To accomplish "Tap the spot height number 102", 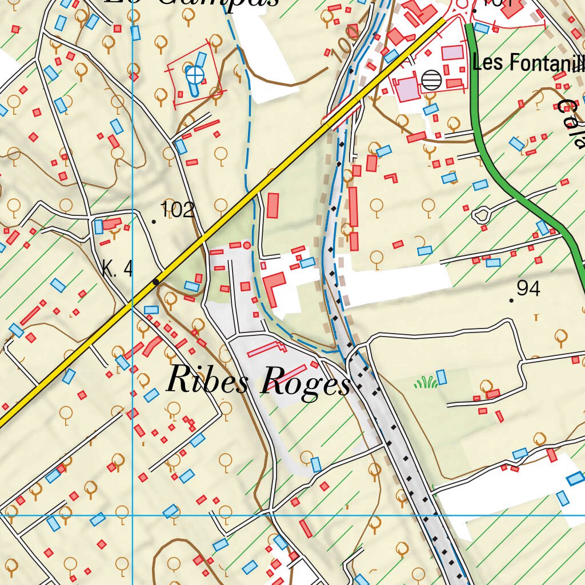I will click(x=178, y=210).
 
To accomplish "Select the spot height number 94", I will click(x=528, y=289).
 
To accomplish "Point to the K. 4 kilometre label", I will click(x=117, y=268).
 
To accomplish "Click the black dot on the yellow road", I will click(x=155, y=282).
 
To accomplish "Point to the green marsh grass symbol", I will click(x=426, y=383).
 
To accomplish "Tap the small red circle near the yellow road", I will click(x=247, y=245).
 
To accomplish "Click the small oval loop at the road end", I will click(x=481, y=215).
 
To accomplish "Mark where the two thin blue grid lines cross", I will click(x=132, y=515).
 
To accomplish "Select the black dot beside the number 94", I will click(x=511, y=300).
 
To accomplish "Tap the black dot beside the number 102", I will click(x=154, y=221).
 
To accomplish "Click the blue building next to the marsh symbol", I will click(x=441, y=377).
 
